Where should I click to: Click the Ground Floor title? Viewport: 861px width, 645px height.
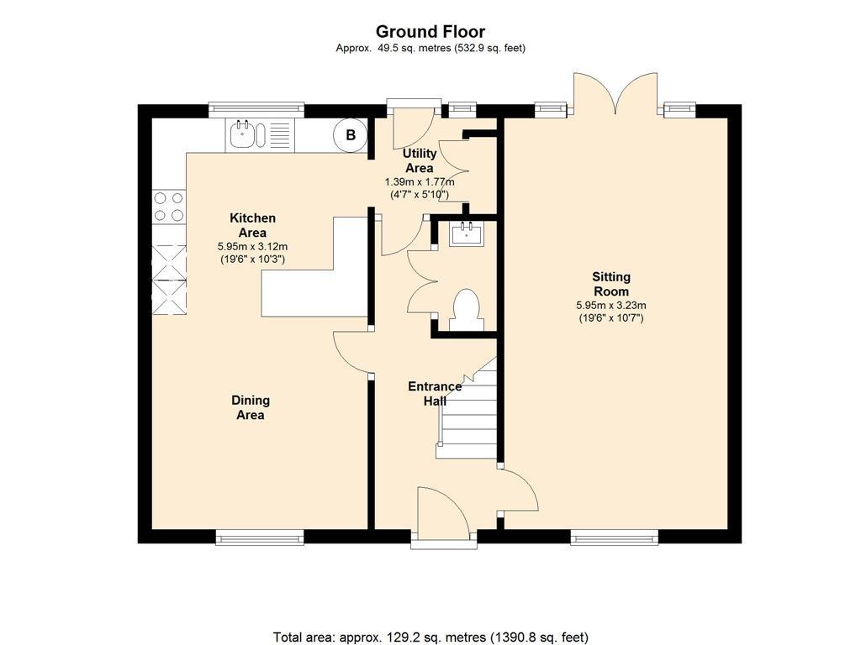(430, 31)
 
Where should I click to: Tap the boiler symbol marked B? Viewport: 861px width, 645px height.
(351, 135)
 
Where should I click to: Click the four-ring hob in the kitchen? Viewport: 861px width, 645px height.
(168, 207)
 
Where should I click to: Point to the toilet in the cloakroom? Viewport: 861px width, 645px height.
(467, 311)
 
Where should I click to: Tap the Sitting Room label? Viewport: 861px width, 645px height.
(611, 284)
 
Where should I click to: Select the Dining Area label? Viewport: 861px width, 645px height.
(251, 407)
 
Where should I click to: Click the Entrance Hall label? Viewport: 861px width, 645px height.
(435, 393)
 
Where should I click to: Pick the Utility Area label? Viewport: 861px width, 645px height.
(420, 160)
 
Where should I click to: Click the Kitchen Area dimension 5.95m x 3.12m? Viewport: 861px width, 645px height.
(252, 247)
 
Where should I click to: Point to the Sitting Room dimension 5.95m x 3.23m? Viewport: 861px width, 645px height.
(611, 306)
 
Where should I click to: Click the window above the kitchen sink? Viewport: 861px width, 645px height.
(256, 110)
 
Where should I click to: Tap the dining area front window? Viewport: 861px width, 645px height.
(260, 537)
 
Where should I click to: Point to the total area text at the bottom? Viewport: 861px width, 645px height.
(431, 637)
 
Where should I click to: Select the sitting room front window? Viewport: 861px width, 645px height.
(615, 537)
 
